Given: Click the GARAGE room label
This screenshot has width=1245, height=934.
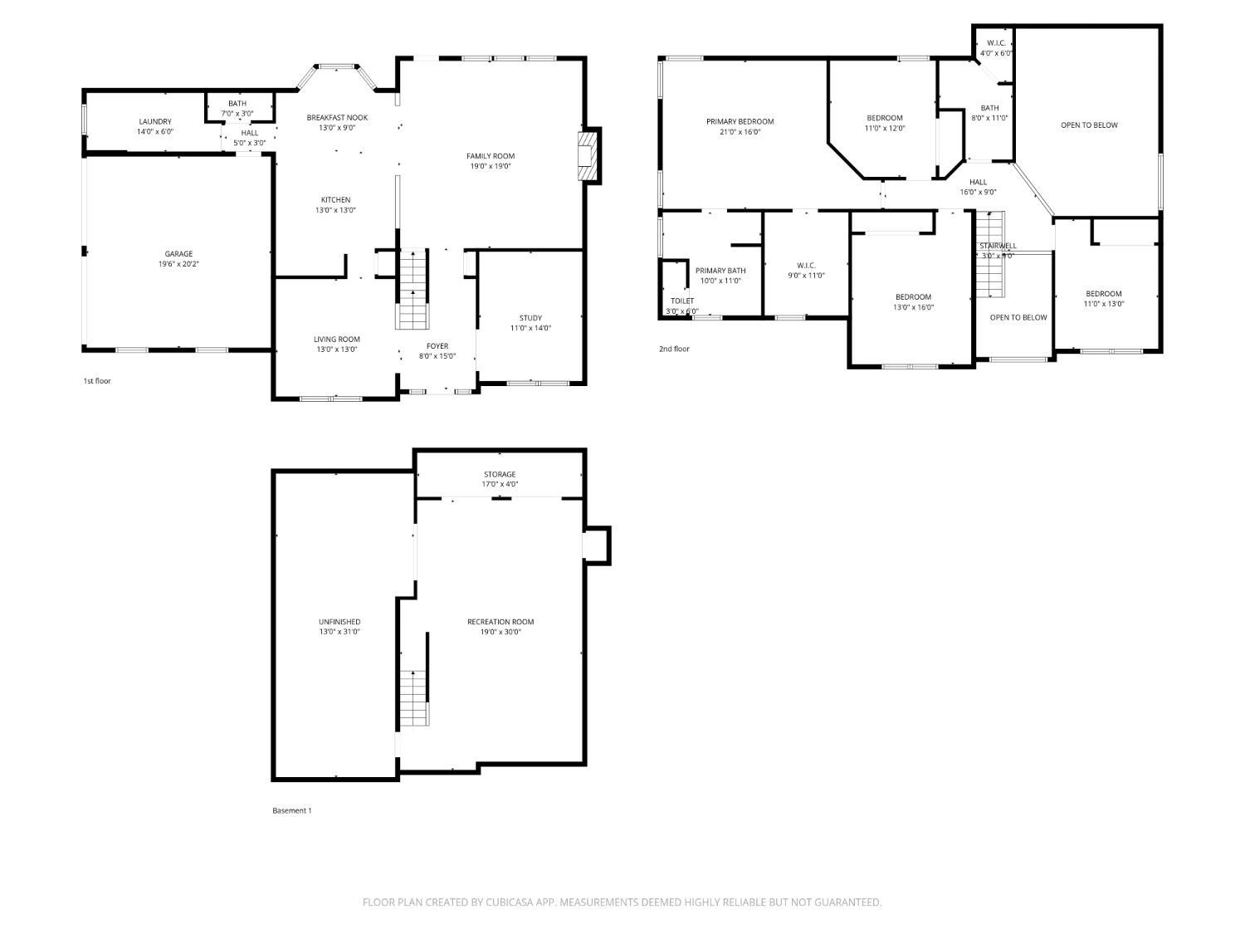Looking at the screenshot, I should [x=178, y=254].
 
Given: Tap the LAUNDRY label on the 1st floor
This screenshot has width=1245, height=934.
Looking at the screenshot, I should [x=155, y=122].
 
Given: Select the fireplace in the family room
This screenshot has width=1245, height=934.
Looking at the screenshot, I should [x=588, y=155].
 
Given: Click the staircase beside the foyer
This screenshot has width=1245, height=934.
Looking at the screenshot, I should [x=413, y=291].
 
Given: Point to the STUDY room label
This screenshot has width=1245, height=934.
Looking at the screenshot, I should [x=530, y=318].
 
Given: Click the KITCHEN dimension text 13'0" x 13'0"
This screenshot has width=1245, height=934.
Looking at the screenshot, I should [x=335, y=211].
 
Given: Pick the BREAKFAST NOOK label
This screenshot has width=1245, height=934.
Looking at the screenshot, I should [x=337, y=118].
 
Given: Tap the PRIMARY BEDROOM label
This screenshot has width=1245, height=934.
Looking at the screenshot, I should [x=740, y=122].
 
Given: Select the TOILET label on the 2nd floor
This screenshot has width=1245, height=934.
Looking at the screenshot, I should [x=682, y=301].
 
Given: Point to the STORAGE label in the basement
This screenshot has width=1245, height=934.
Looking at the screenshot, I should [x=500, y=475].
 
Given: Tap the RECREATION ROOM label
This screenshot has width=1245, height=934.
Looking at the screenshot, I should [x=500, y=622].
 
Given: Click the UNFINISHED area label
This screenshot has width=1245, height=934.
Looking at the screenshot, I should [x=339, y=622].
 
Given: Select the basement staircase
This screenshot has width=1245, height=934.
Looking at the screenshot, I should [x=413, y=697].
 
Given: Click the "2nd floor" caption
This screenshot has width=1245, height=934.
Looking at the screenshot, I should [x=674, y=350].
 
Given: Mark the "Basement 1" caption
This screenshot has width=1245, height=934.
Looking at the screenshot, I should [x=292, y=811].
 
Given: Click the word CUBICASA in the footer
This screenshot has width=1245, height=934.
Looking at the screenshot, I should [x=510, y=902].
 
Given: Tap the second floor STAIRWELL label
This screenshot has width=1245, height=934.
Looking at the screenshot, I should [x=998, y=247].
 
